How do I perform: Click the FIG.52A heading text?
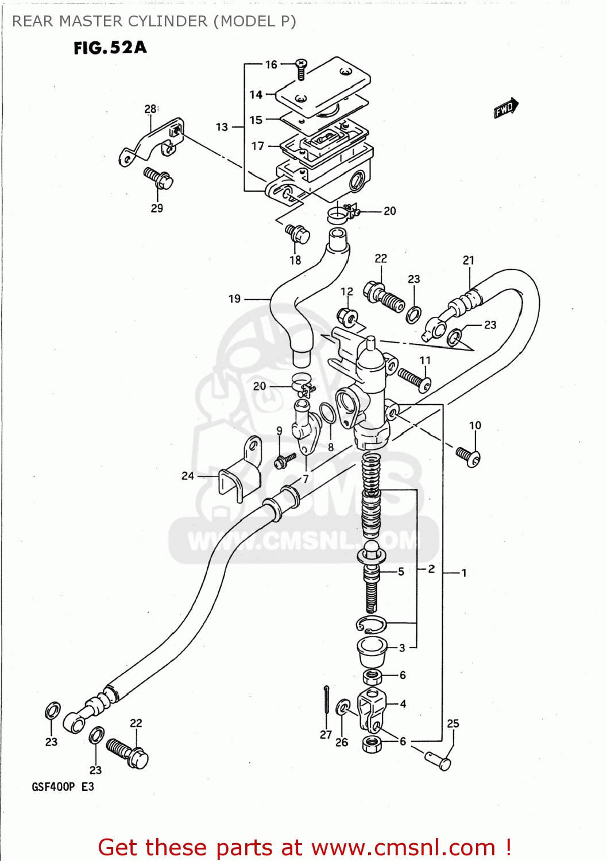point(110,48)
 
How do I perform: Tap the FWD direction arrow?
point(506,108)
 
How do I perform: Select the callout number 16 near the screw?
point(271,64)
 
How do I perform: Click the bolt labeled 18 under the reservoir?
point(297,234)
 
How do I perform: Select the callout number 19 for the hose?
point(234,298)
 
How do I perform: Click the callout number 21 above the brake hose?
point(469,260)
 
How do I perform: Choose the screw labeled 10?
point(469,456)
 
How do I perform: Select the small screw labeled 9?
point(285,460)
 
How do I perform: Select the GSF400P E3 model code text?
point(63,786)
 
